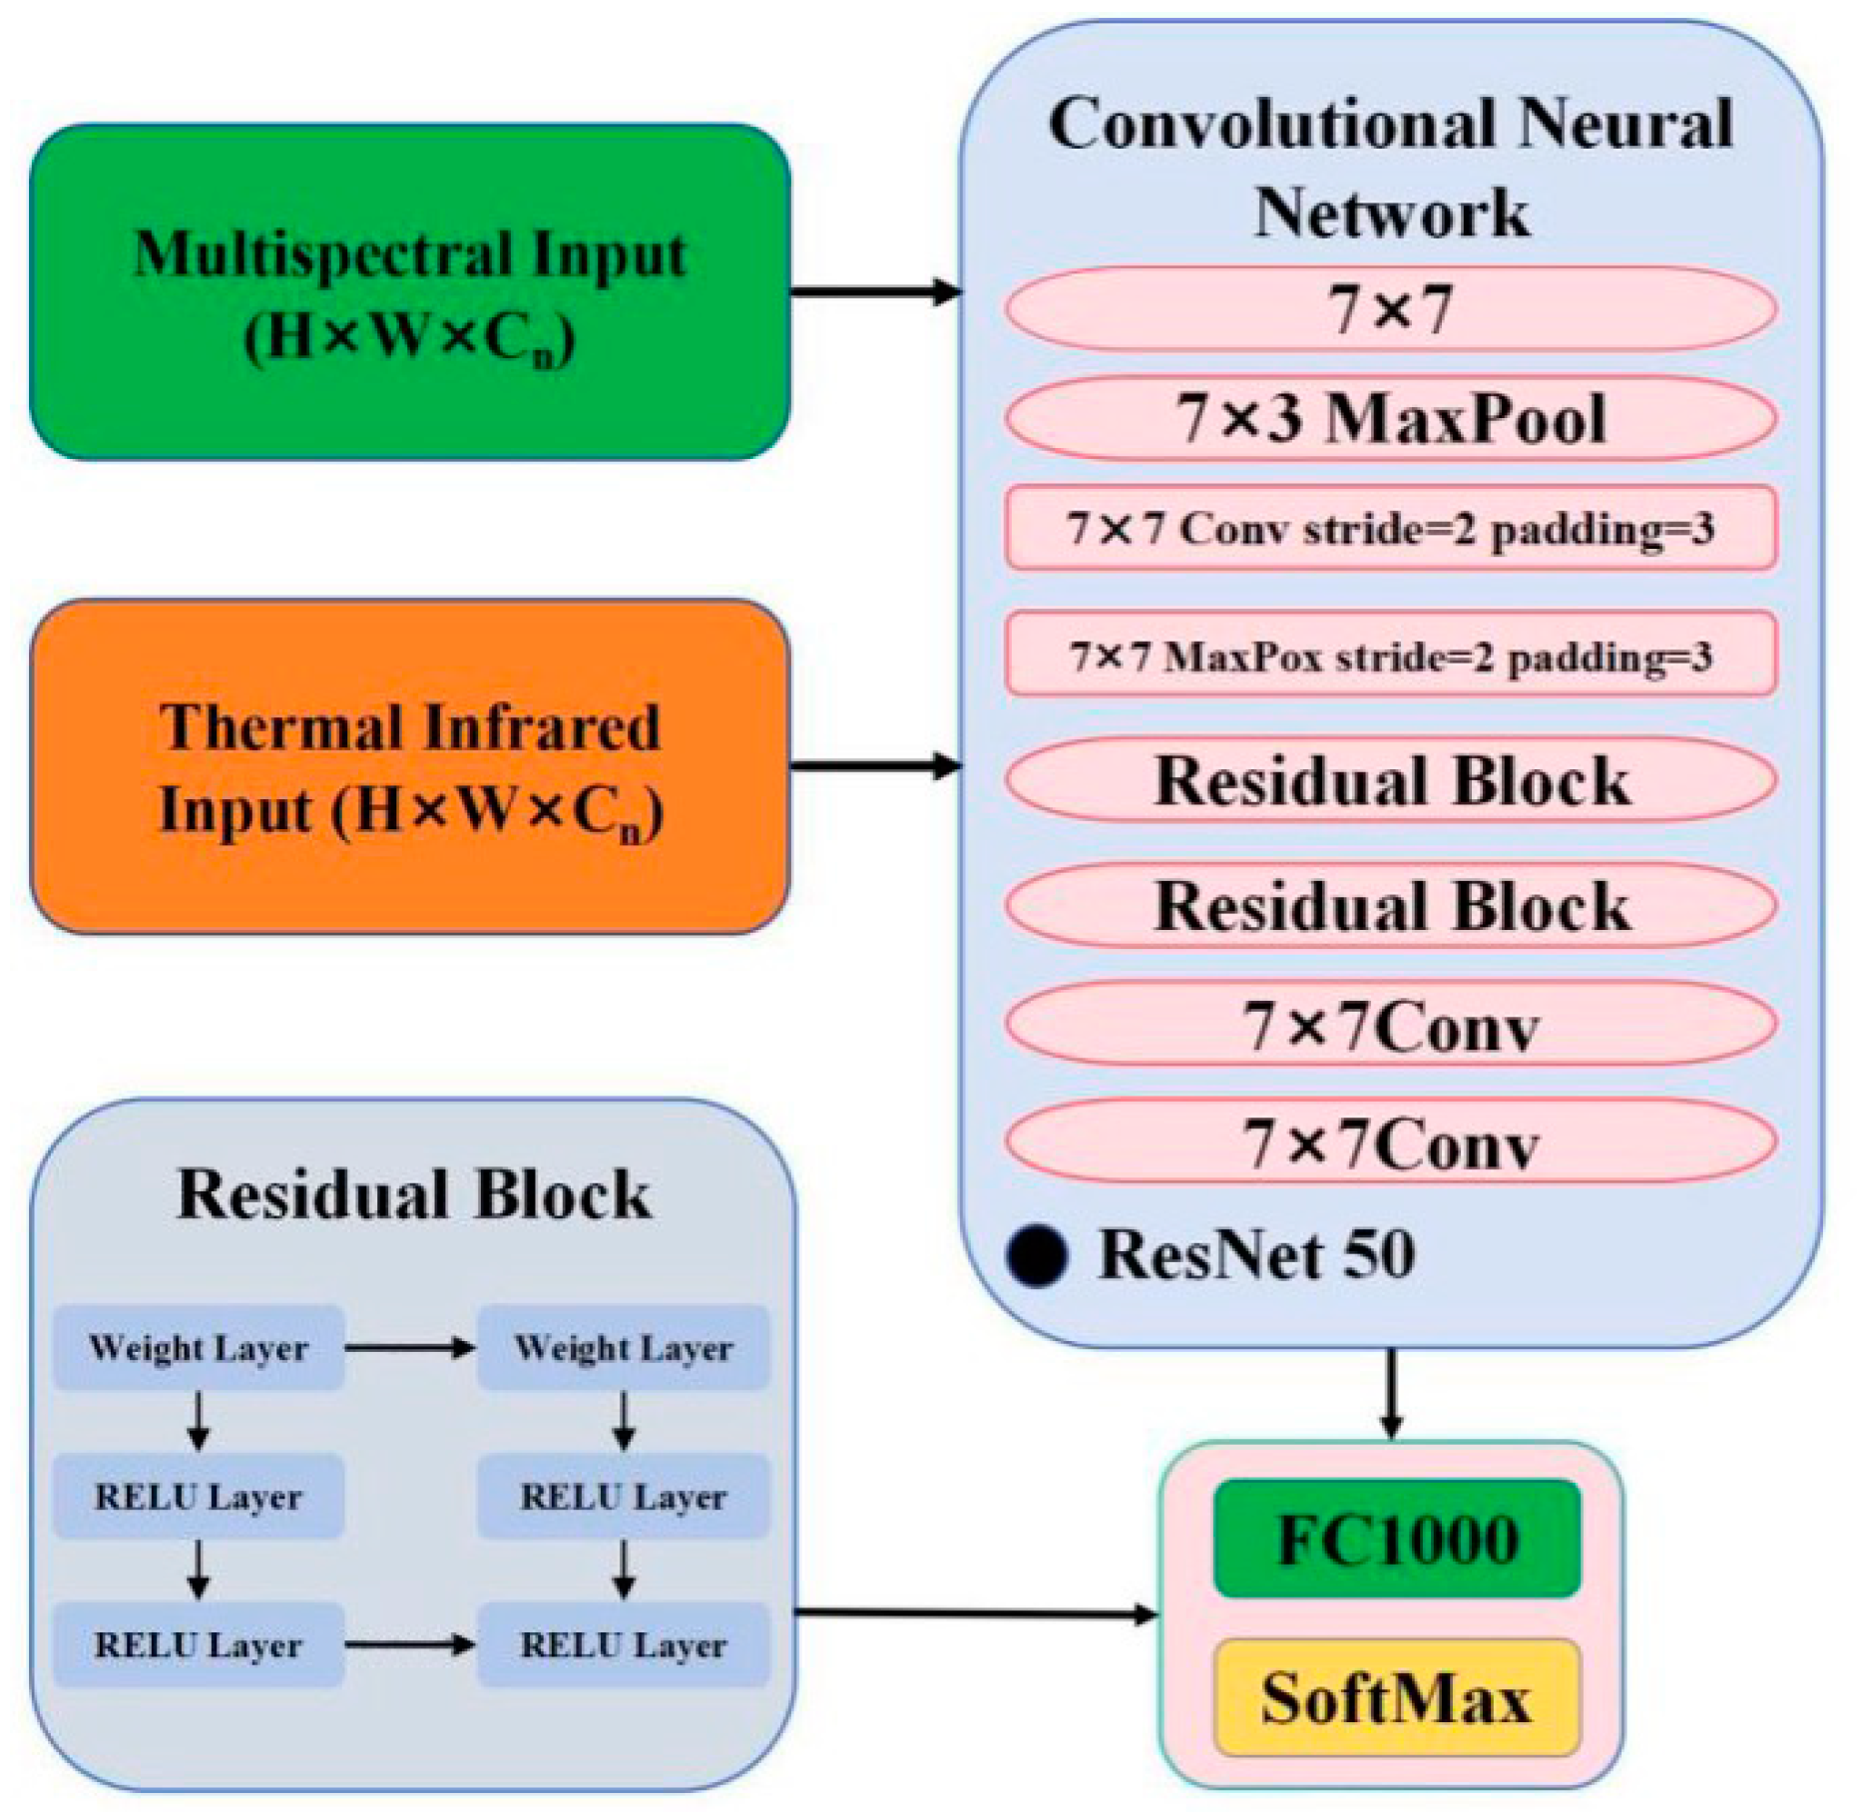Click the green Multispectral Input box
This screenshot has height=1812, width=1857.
(409, 291)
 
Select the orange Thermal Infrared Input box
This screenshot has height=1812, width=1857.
(409, 766)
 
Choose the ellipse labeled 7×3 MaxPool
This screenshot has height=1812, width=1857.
(1390, 418)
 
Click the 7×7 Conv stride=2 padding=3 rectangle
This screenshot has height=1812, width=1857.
(1390, 528)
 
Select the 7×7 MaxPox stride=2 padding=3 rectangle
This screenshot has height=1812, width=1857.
(1390, 655)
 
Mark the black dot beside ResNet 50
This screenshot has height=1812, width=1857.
(1037, 1255)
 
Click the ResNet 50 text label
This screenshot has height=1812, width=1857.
(1256, 1254)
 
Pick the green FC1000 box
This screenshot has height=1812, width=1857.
(1397, 1539)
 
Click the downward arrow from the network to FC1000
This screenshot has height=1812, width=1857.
(1391, 1393)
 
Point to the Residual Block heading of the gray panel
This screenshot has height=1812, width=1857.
(413, 1194)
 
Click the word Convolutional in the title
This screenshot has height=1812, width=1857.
(1272, 125)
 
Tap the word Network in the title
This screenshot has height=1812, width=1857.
(1391, 213)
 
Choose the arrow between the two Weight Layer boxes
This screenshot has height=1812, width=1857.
(410, 1348)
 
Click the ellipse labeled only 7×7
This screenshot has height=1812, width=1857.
(1390, 308)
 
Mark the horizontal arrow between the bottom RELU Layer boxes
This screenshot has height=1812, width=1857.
(410, 1644)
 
